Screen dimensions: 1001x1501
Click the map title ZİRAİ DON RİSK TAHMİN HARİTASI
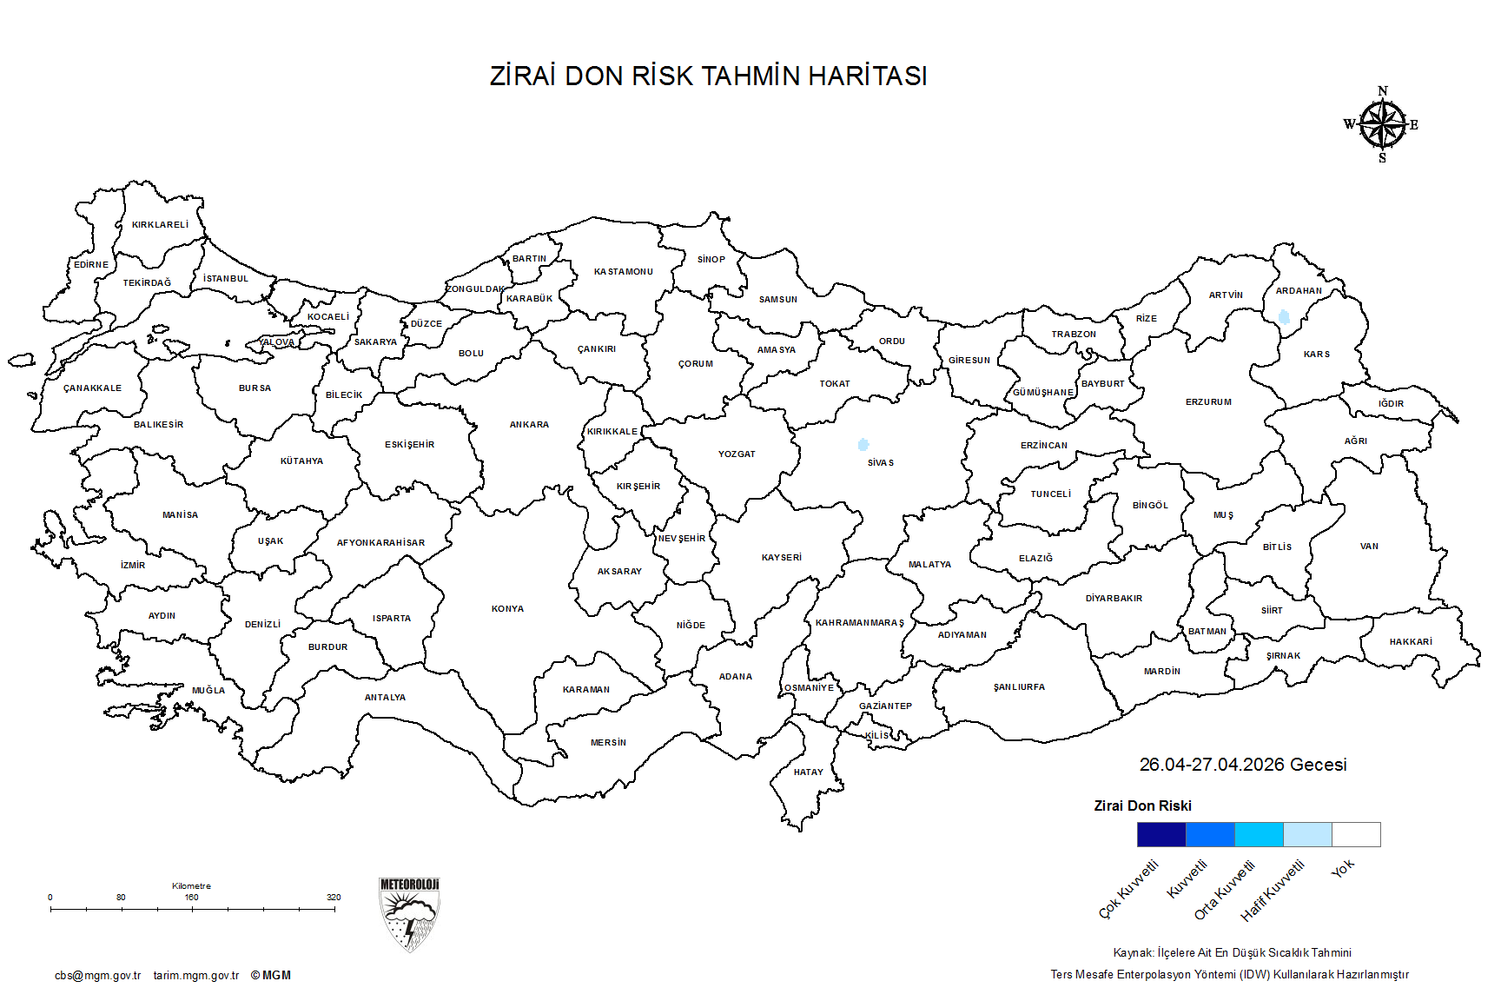(708, 76)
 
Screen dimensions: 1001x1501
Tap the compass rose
(1382, 125)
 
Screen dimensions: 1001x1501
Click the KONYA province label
(507, 609)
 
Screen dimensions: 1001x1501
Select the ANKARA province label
(529, 425)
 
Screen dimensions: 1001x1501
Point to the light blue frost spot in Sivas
(863, 445)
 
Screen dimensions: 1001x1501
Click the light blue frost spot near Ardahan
(1284, 316)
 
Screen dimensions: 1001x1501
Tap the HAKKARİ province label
(1411, 642)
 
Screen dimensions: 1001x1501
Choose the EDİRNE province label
(91, 265)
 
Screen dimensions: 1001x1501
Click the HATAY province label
(808, 772)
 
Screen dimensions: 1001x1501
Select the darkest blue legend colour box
(1161, 834)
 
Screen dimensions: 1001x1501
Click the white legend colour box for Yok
(1356, 834)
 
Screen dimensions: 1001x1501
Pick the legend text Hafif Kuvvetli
(1273, 891)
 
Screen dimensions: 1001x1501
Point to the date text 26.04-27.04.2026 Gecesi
(1242, 765)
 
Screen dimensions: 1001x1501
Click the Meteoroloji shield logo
(409, 914)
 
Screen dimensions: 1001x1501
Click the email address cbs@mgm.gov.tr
(97, 976)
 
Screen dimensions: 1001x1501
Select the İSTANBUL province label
(226, 279)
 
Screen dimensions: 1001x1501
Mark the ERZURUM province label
(1208, 402)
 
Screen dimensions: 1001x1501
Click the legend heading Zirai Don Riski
(1142, 805)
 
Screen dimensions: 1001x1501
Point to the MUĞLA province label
(208, 691)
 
